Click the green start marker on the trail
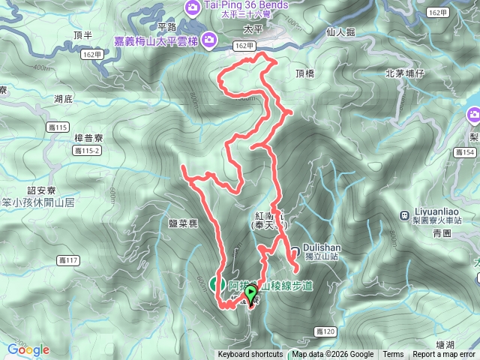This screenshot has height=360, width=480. [250, 293]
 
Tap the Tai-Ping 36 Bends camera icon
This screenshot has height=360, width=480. [190, 7]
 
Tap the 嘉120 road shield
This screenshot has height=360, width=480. [325, 331]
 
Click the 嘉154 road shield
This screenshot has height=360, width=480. [464, 153]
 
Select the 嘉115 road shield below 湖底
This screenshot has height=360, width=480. [57, 126]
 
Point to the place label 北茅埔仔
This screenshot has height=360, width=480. [405, 73]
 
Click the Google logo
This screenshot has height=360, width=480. [28, 349]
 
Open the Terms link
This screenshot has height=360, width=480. [393, 355]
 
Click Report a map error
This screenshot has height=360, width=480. [444, 355]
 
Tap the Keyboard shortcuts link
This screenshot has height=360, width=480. [250, 355]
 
